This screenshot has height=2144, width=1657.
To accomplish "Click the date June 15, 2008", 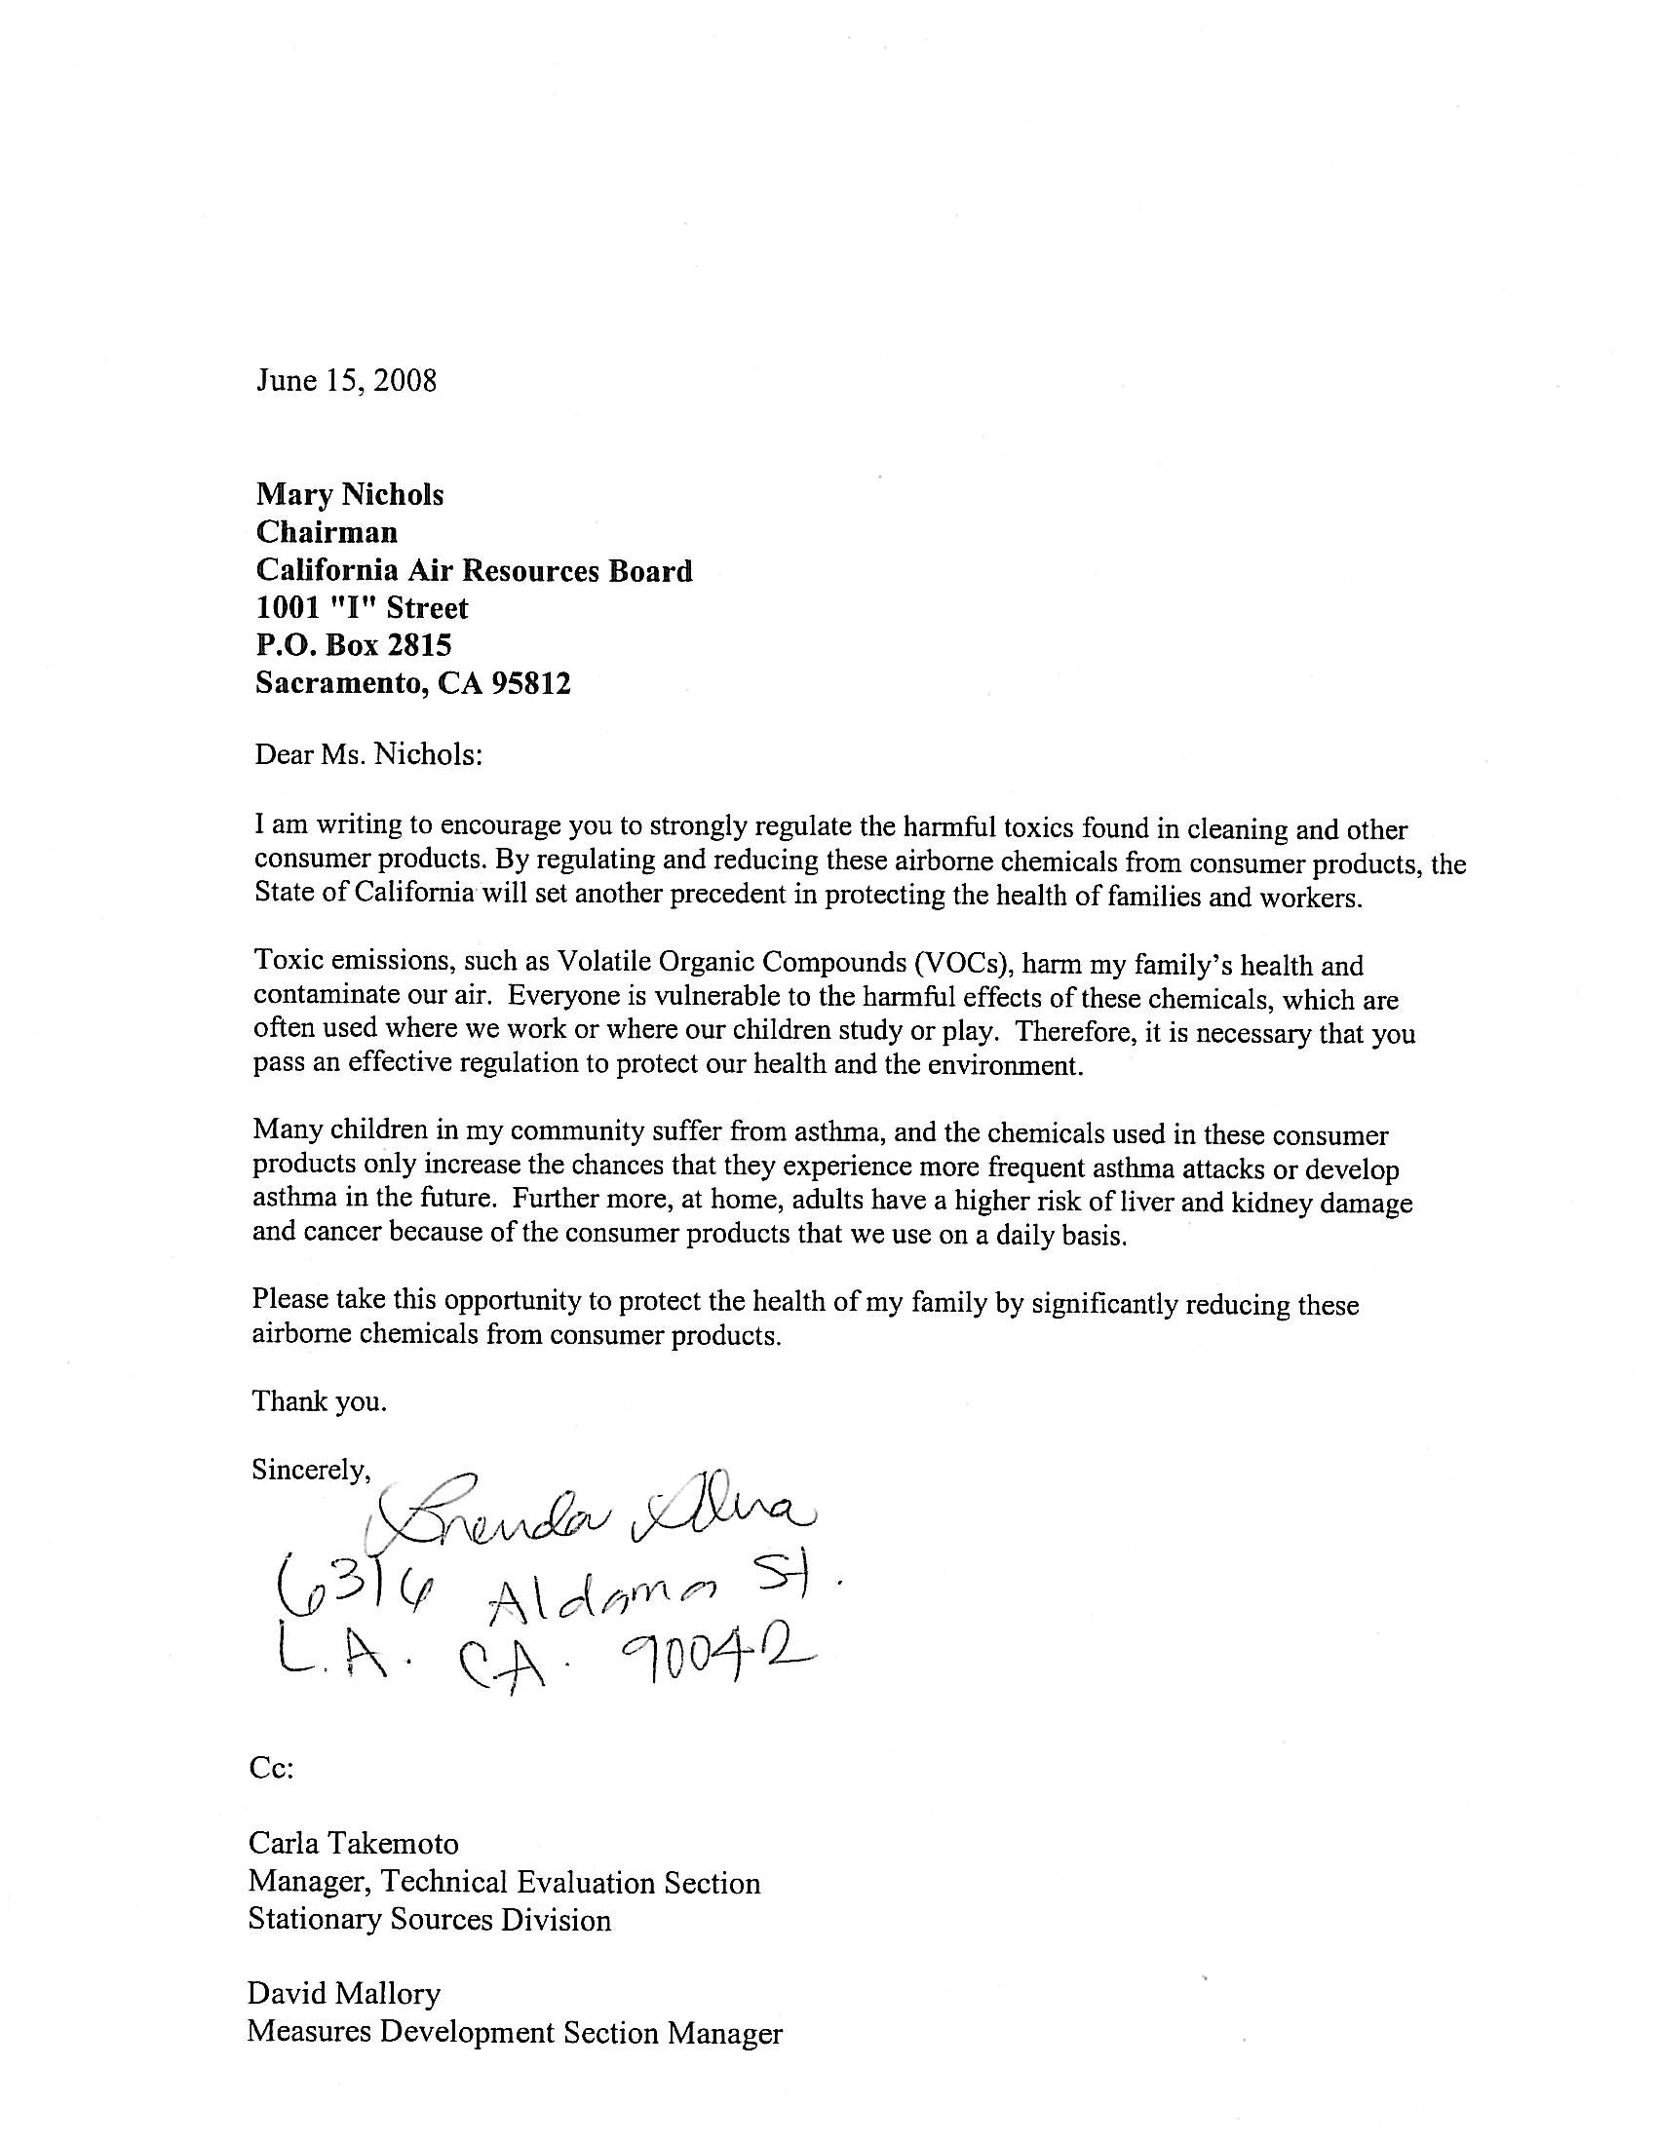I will click(346, 380).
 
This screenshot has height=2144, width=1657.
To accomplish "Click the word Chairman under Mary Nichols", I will click(327, 532).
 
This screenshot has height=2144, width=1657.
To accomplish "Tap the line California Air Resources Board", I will click(474, 570).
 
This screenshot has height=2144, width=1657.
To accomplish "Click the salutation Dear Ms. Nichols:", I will click(368, 755).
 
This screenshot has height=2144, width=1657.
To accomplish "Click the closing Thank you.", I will click(319, 1400).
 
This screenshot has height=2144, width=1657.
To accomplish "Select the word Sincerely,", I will click(310, 1469).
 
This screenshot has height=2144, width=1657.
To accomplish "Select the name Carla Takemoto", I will click(353, 1843).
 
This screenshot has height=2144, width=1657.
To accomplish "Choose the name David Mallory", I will click(343, 1993).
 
